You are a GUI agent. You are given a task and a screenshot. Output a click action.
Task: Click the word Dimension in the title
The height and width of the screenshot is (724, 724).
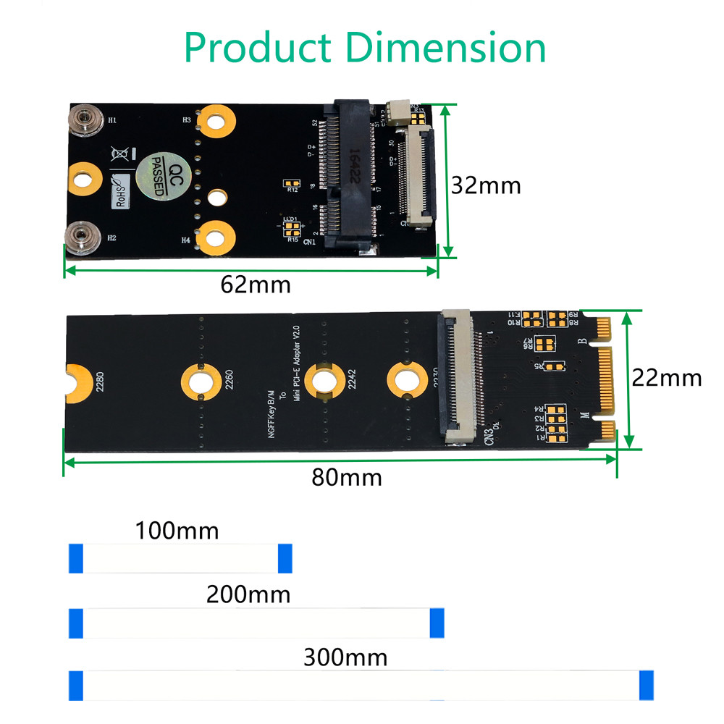pos(445,48)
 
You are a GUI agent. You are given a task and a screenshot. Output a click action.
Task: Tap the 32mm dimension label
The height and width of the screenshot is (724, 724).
pos(486,185)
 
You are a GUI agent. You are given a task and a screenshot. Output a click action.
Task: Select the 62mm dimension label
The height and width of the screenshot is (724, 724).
pos(256,285)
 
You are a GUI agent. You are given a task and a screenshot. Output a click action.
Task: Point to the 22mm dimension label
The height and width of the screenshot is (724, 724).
pos(666,377)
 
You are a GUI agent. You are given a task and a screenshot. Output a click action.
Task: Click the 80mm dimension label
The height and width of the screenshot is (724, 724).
pos(347,477)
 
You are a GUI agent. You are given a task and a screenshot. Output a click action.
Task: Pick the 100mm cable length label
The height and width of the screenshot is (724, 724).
pos(177,531)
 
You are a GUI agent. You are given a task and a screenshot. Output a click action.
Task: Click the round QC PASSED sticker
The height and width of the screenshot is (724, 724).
pos(160,175)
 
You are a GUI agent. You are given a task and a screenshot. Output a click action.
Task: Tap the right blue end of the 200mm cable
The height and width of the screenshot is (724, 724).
pos(437,623)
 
